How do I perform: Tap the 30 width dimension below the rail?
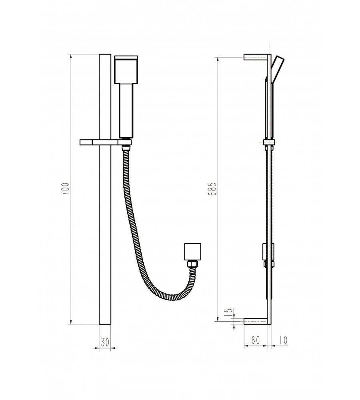[x=105, y=342]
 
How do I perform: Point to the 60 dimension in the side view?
[x=256, y=340]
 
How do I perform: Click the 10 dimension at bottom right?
[x=282, y=340]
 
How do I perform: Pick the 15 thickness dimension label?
[x=229, y=313]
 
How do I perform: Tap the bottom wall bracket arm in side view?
[x=256, y=321]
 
